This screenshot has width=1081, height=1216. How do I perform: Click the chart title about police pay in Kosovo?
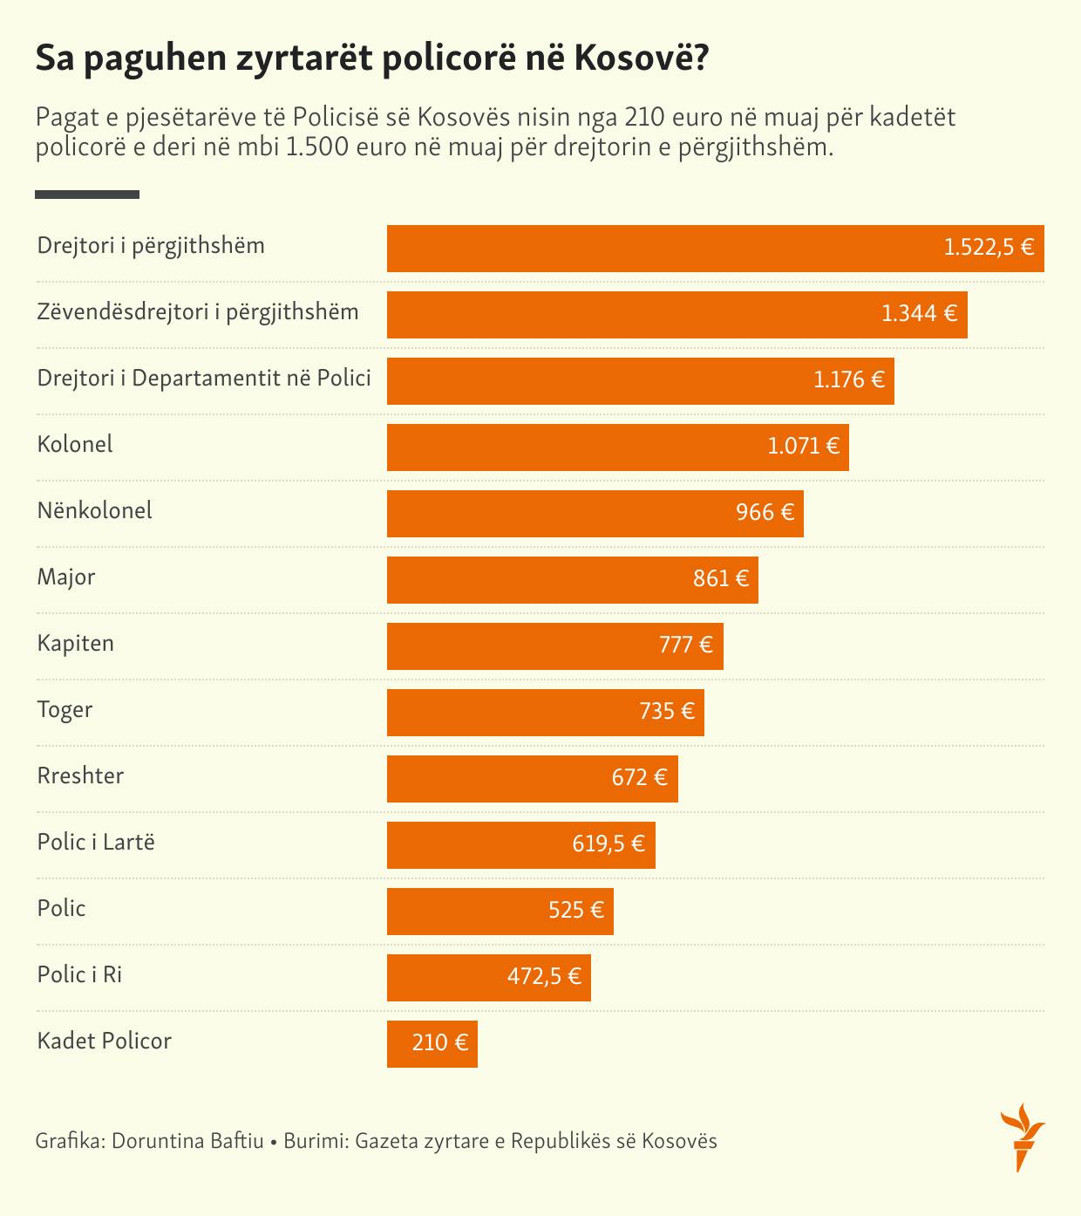pyautogui.click(x=371, y=60)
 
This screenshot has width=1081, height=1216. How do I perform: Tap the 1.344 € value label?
pyautogui.click(x=919, y=313)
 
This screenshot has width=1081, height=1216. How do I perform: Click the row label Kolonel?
pyautogui.click(x=75, y=444)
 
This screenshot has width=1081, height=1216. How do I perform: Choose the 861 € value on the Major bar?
pyautogui.click(x=721, y=578)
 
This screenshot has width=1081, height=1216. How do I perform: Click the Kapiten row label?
pyautogui.click(x=76, y=644)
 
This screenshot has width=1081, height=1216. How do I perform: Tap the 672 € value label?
pyautogui.click(x=639, y=777)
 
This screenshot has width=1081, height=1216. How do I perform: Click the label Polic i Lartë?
pyautogui.click(x=96, y=842)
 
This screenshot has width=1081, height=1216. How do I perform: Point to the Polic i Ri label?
pyautogui.click(x=79, y=974)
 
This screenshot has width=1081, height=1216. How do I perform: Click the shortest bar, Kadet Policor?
pyautogui.click(x=432, y=1044)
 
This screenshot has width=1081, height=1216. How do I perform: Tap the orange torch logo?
pyautogui.click(x=1022, y=1137)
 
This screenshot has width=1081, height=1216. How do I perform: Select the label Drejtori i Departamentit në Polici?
pyautogui.click(x=204, y=378)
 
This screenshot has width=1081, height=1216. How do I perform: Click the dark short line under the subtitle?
pyautogui.click(x=87, y=195)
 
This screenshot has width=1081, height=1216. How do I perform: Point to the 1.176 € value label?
pyautogui.click(x=848, y=379)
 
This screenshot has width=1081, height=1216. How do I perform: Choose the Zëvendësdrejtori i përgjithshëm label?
pyautogui.click(x=198, y=312)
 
